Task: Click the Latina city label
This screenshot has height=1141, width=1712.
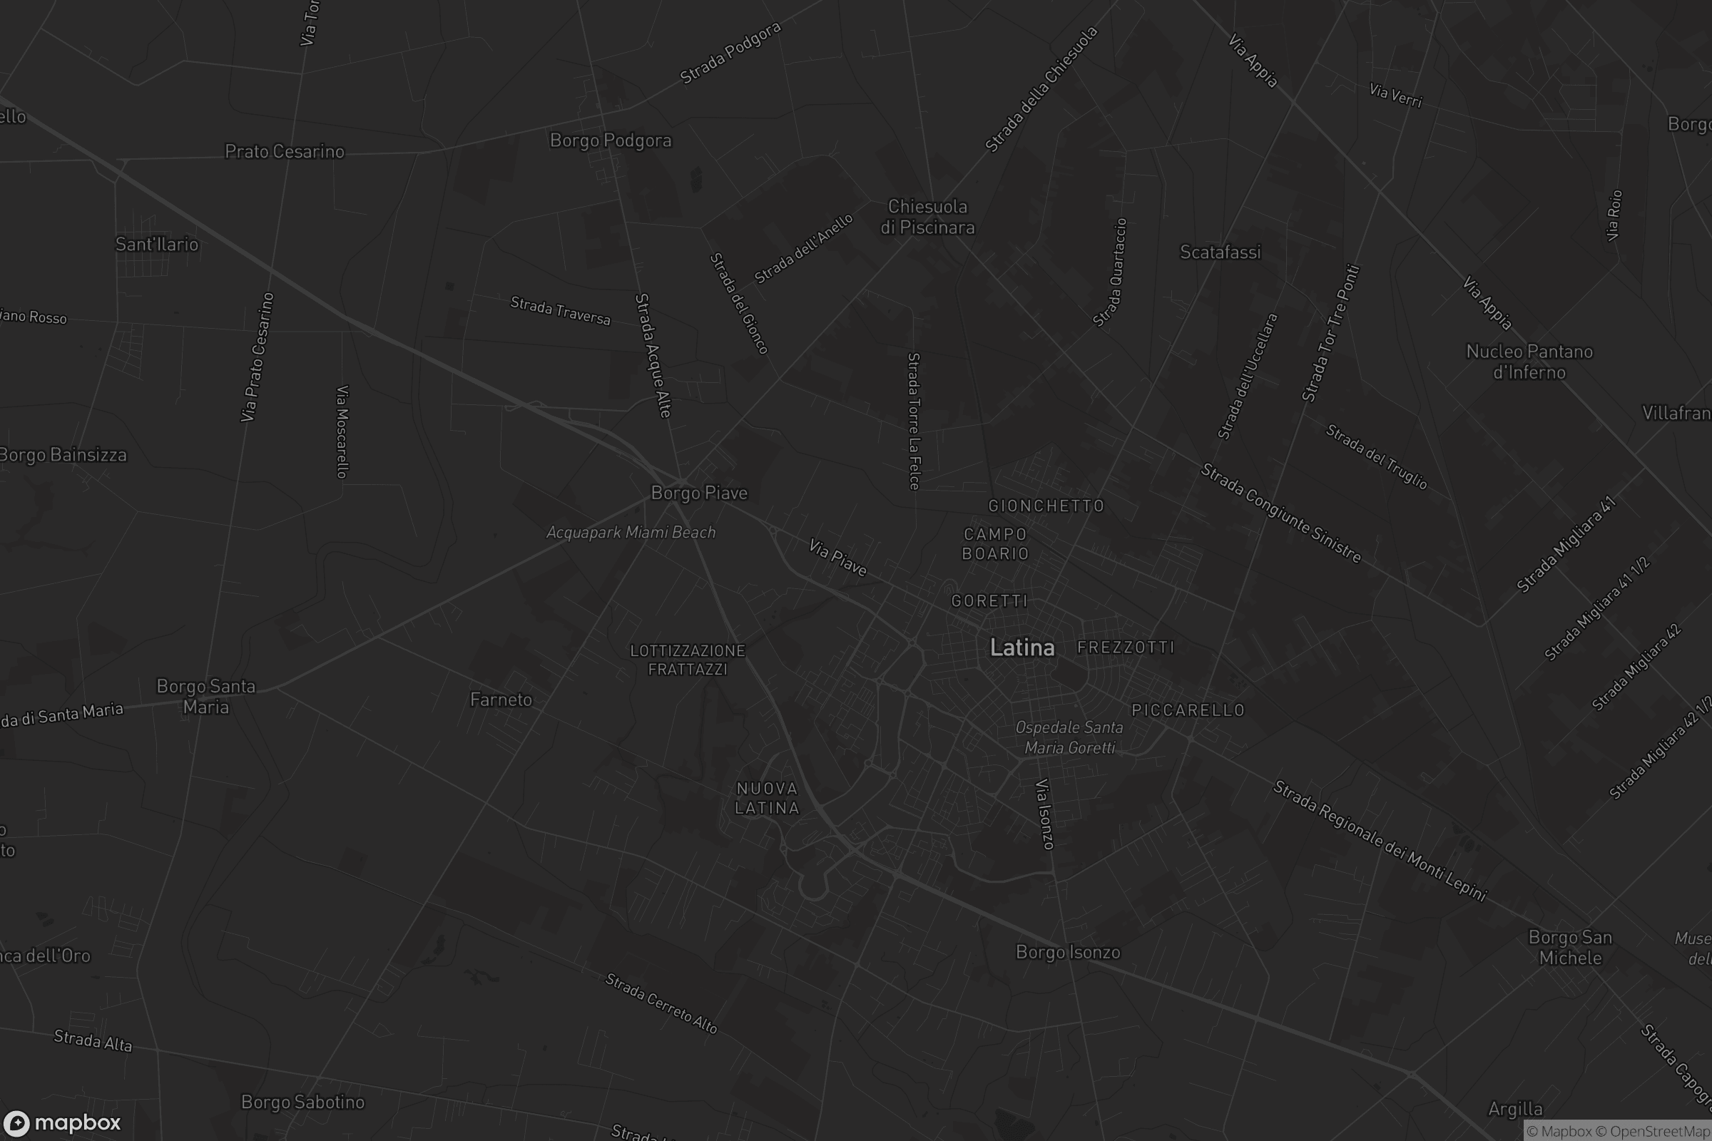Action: (x=1022, y=648)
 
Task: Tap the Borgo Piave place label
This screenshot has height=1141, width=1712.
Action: (x=699, y=493)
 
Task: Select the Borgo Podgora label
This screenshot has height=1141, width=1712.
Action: (x=611, y=140)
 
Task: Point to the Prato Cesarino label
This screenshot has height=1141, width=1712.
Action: (x=285, y=151)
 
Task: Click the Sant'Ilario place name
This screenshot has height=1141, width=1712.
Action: (x=157, y=245)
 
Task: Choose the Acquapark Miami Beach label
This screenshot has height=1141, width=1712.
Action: (x=631, y=533)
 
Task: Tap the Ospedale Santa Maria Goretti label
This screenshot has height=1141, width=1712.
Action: (x=1069, y=737)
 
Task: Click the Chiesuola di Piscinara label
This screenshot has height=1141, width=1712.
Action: (x=927, y=217)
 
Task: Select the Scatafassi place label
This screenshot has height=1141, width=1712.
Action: (x=1220, y=252)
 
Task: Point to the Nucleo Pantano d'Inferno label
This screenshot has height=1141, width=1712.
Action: (x=1529, y=362)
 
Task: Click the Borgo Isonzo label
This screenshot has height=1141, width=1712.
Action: (x=1068, y=952)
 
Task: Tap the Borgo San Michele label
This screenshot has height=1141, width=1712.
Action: (x=1570, y=948)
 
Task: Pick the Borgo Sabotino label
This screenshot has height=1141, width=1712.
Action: (x=302, y=1102)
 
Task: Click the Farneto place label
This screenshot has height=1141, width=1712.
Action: (x=501, y=700)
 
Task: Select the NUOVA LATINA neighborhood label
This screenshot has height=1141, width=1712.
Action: (x=768, y=798)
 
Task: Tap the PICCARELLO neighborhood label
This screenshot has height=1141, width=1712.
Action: (x=1188, y=710)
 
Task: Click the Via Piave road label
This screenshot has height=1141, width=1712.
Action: (x=837, y=558)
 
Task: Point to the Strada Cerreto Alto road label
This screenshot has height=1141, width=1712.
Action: (x=661, y=1003)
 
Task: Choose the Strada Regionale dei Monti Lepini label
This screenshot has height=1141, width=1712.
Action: (x=1380, y=841)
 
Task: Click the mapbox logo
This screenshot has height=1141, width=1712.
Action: (x=62, y=1122)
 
